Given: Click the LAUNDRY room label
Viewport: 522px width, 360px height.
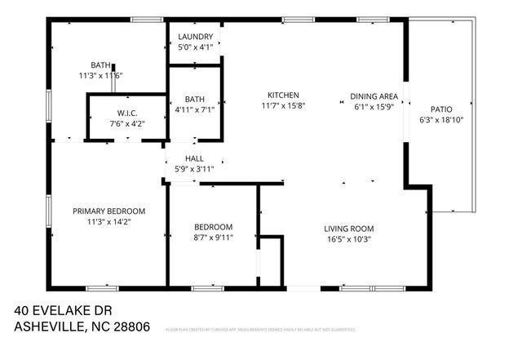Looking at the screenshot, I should (195, 37).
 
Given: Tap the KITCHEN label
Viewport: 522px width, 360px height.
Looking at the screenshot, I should (282, 96).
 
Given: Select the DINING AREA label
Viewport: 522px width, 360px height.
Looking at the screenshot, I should (374, 96).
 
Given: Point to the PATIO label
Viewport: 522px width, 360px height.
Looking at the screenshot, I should (441, 109).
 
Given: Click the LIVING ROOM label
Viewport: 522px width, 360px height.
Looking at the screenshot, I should (348, 229).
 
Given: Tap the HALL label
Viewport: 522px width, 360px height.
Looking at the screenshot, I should (194, 158).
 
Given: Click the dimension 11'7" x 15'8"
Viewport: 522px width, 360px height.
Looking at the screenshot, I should (282, 106).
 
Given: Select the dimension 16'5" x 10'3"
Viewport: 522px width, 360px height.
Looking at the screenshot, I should (348, 239).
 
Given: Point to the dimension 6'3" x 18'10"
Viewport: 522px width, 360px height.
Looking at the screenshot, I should (441, 120).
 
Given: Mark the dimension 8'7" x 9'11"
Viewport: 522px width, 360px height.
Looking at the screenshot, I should (213, 238).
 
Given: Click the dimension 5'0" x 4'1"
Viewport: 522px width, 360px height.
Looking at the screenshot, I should (195, 47).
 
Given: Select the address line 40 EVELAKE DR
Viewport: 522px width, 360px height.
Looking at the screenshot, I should (63, 311).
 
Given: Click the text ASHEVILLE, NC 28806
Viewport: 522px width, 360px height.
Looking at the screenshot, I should (82, 327).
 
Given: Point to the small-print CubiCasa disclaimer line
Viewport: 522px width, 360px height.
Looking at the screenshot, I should (260, 330).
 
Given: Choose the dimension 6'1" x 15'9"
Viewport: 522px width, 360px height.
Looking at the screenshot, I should (374, 106).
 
